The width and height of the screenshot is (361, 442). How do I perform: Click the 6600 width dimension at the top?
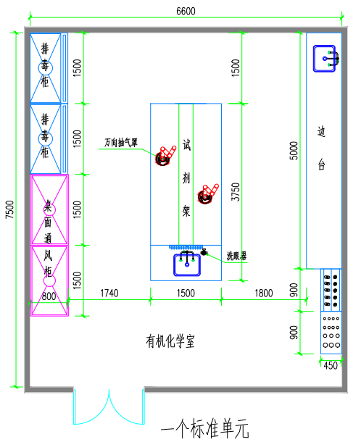pos(186,12)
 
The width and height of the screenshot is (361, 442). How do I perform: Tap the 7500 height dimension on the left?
pos(10,209)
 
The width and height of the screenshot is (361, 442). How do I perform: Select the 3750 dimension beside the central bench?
pos(236,192)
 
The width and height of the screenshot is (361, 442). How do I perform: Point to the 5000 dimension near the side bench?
pos(294,151)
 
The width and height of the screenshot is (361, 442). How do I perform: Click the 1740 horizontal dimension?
pos(109,293)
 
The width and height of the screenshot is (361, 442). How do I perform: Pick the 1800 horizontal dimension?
pos(264,293)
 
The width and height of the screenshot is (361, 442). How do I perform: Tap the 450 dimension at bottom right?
pos(331,366)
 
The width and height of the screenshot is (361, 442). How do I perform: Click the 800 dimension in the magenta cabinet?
pos(49,296)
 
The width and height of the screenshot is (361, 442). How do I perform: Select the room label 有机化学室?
pos(170,341)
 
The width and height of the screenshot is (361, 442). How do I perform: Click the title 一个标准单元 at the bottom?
pos(205,428)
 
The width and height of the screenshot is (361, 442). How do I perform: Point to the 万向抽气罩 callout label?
pos(121,142)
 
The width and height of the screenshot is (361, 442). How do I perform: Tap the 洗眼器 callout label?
pos(236,256)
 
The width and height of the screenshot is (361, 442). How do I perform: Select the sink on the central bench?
pos(187,264)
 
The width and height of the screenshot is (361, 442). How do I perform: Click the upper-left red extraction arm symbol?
pos(165,156)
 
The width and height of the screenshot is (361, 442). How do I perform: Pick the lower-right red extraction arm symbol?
pos(208,194)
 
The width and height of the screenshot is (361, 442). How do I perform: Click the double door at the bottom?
pos(109,406)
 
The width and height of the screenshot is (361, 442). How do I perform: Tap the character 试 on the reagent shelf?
pos(186,145)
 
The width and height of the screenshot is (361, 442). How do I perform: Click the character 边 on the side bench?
pos(322,131)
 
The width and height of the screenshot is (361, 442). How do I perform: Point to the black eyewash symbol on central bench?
pos(204,252)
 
